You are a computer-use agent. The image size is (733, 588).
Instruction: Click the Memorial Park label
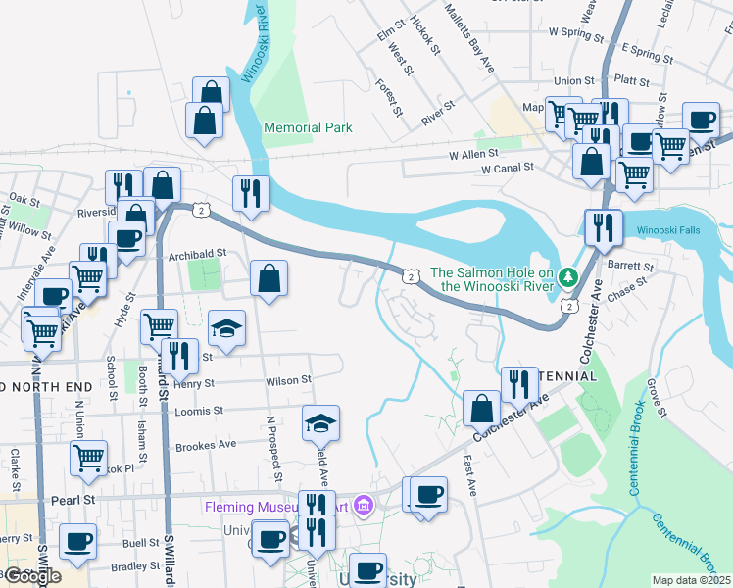308,127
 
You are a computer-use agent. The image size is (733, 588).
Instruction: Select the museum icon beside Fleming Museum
364,506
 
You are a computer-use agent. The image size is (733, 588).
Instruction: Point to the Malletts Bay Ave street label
469,36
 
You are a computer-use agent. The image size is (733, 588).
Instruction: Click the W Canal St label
507,169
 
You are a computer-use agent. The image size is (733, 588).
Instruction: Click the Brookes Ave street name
206,444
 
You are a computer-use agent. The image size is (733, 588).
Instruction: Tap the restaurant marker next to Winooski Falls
603,228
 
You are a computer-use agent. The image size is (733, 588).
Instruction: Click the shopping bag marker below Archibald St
269,278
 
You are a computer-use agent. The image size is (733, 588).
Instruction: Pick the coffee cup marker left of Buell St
77,541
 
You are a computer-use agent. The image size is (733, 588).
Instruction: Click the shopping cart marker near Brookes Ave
88,457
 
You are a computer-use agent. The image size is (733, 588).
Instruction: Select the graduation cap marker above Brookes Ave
320,422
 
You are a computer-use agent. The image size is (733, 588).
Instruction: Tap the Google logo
33,576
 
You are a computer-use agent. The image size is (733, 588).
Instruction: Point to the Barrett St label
630,266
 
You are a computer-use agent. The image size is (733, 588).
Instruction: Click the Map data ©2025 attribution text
692,580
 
